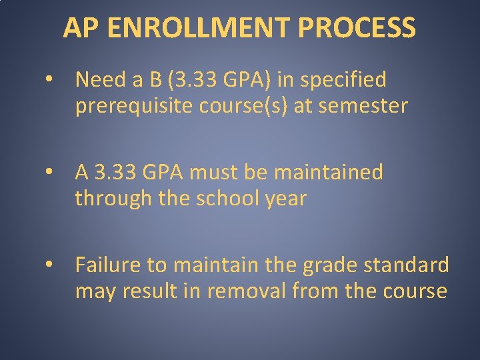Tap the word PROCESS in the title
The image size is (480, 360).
coord(357,28)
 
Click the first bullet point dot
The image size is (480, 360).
coord(50,81)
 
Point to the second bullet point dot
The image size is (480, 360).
coord(50,173)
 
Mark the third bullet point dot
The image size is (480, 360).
coord(50,266)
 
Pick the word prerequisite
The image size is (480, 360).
coord(138,106)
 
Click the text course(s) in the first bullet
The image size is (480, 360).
coord(251,106)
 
